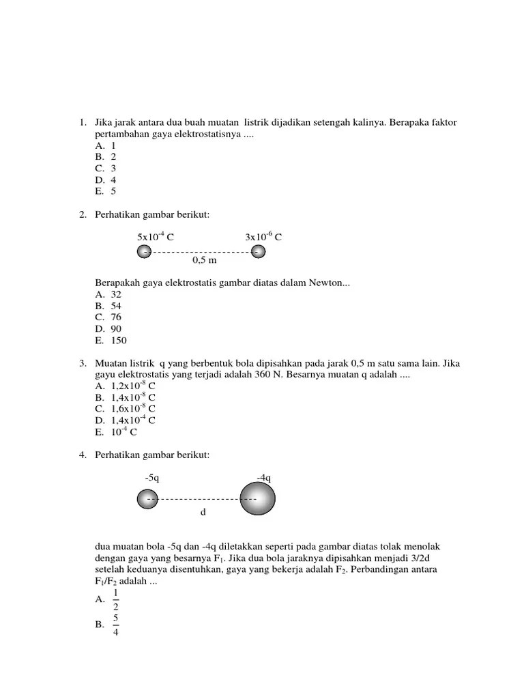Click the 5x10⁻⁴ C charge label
pyautogui.click(x=156, y=237)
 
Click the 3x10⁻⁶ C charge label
pyautogui.click(x=263, y=237)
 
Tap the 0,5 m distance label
pyautogui.click(x=204, y=261)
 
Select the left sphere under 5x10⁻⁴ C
pyautogui.click(x=145, y=252)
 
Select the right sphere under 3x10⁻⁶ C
pyautogui.click(x=258, y=252)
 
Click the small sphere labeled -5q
pyautogui.click(x=147, y=500)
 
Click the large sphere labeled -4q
pyautogui.click(x=257, y=499)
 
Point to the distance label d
pyautogui.click(x=202, y=511)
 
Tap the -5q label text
pyautogui.click(x=151, y=478)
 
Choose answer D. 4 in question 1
pyautogui.click(x=106, y=180)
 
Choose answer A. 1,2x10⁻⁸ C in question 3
pyautogui.click(x=126, y=386)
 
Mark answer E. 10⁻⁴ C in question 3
pyautogui.click(x=120, y=432)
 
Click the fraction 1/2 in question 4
pyautogui.click(x=116, y=599)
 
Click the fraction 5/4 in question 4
pyautogui.click(x=116, y=624)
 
